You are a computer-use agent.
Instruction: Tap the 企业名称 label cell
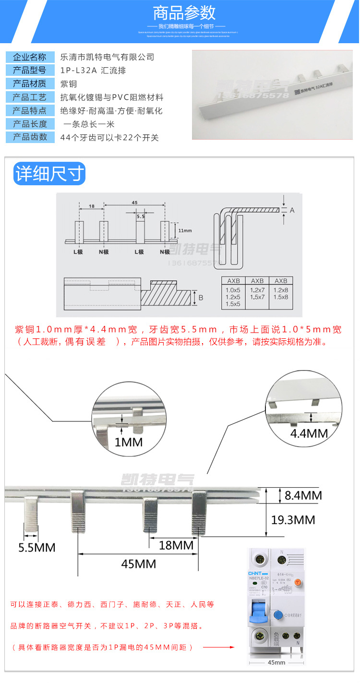30,57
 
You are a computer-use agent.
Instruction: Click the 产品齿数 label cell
30,137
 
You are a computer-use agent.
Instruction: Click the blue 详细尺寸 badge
49,174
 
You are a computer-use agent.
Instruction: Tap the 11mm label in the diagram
185,230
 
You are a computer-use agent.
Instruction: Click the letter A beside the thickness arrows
292,210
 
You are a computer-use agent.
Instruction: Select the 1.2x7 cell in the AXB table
257,290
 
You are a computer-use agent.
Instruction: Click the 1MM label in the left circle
128,442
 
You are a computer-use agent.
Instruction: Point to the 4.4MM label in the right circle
309,433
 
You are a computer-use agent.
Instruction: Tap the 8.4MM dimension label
303,495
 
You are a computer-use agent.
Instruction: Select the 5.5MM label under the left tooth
37,547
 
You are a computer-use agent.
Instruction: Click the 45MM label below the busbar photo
138,564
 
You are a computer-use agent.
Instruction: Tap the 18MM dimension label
177,545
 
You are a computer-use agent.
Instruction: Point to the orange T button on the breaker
298,582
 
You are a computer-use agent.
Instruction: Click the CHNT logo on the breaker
254,574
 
